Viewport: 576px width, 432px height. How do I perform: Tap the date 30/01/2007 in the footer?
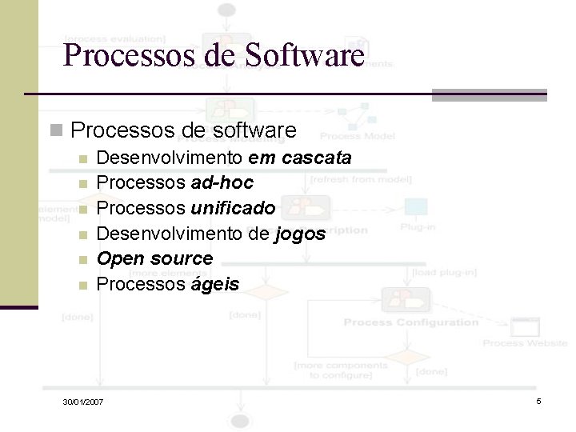(83, 400)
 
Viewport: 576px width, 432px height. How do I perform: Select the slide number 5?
(538, 400)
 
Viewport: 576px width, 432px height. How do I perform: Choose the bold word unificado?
(233, 209)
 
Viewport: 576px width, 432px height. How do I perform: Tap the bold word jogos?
(299, 234)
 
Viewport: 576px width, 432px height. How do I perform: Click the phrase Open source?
(154, 258)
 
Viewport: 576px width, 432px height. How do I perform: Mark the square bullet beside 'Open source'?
(83, 260)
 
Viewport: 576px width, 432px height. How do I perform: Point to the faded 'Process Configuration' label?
(410, 322)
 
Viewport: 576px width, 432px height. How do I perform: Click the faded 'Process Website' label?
(525, 343)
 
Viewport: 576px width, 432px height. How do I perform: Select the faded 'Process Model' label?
(357, 136)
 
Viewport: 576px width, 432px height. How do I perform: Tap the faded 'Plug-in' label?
(418, 227)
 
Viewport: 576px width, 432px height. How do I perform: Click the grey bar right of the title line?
(489, 94)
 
